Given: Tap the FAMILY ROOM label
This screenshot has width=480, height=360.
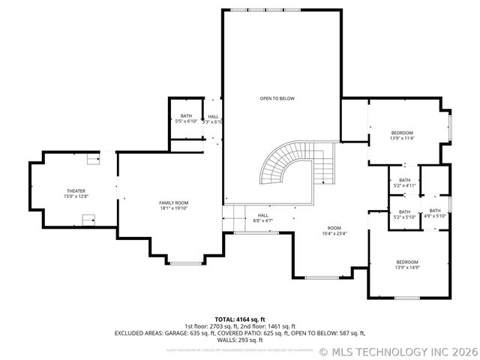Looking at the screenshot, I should tap(173, 202).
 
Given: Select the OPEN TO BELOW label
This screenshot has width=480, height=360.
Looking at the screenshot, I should tap(277, 98).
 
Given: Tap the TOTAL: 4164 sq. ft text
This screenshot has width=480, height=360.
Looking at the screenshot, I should tap(240, 319).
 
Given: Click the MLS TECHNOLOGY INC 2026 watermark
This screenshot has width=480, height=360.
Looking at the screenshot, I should tap(398, 351).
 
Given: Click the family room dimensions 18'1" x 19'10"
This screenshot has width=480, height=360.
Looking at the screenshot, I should tap(173, 208).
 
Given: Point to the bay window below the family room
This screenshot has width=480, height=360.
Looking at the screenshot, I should tap(185, 262).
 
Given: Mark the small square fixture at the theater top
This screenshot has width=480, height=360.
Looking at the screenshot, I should tap(92, 158).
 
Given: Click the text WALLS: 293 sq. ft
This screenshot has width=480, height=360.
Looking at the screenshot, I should tap(240, 340).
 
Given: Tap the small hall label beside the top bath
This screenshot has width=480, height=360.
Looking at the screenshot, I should tap(214, 116).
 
